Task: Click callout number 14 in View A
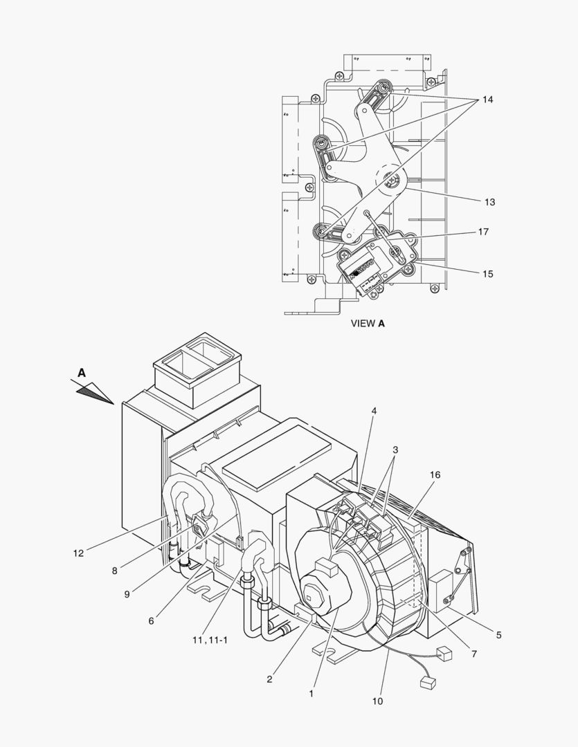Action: point(487,100)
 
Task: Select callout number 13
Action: point(490,202)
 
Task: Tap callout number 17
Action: point(484,232)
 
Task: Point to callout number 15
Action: point(488,274)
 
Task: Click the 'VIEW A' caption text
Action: point(368,323)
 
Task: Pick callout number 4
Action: point(374,411)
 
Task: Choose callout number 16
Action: point(435,474)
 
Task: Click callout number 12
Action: point(78,553)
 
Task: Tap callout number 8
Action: point(114,571)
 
